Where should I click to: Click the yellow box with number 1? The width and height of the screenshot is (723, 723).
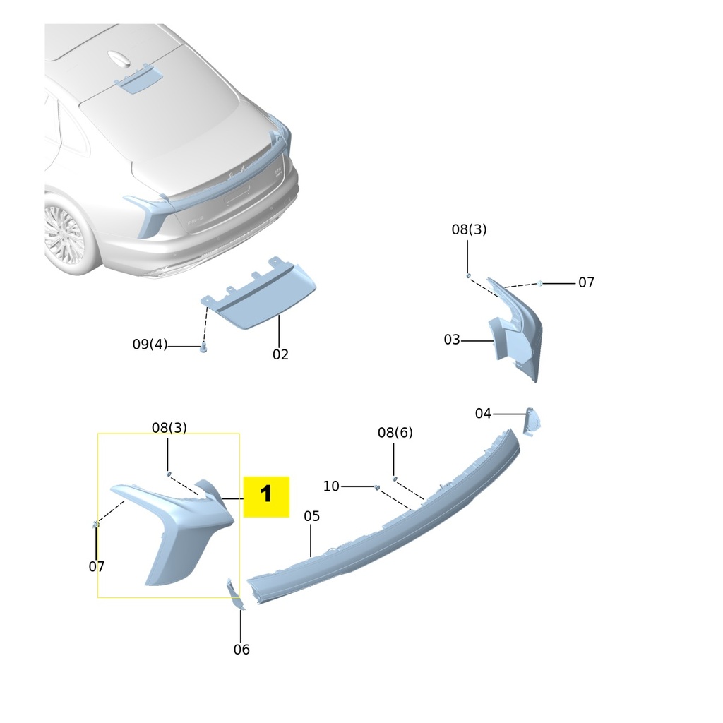[x=266, y=496]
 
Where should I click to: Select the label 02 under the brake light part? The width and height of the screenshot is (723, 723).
[x=280, y=354]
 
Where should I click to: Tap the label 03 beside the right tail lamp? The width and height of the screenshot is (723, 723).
[x=452, y=340]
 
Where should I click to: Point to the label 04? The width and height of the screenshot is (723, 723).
[x=483, y=413]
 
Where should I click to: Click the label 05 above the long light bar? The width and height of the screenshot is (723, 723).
[x=311, y=516]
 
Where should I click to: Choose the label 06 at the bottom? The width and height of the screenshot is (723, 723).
[x=241, y=650]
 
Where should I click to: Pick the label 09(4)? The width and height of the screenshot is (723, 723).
[x=150, y=344]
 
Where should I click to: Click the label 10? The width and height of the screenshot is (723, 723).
[x=331, y=486]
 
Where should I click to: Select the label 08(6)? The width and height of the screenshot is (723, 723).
[x=395, y=432]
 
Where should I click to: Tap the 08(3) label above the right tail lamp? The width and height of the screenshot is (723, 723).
[x=469, y=229]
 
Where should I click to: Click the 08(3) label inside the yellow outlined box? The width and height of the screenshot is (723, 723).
[x=169, y=427]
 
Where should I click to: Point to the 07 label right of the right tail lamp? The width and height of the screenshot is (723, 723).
[x=586, y=282]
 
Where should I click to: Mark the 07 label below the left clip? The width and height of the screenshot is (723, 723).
[x=97, y=566]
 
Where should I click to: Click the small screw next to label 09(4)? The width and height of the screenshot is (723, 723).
[x=203, y=347]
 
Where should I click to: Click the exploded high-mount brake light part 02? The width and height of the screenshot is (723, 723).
[x=258, y=295]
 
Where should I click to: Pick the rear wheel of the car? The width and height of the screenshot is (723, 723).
[x=66, y=236]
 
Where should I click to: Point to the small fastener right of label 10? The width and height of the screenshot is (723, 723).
[x=377, y=487]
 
